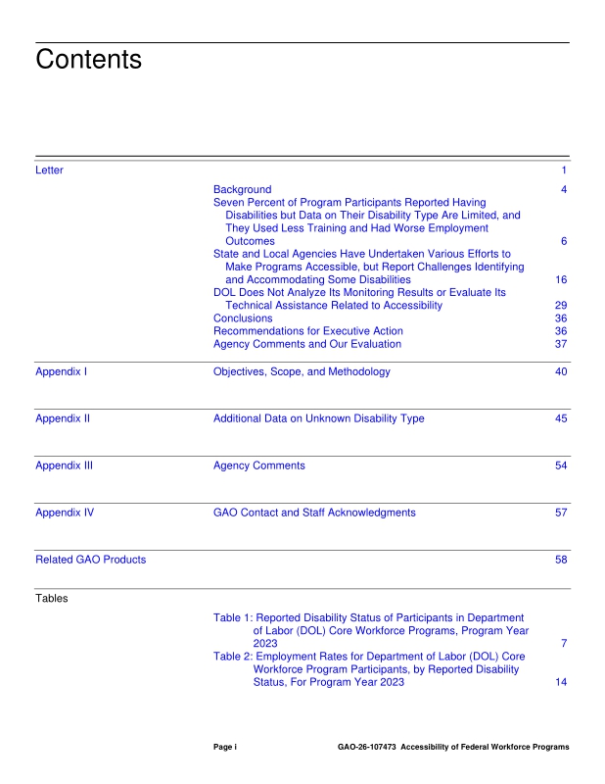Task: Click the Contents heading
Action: coord(88,60)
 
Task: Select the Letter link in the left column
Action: coord(49,171)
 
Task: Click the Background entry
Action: coord(243,189)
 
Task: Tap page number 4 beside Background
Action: coord(564,189)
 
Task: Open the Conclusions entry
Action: coord(244,318)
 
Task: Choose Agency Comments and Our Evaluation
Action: coord(307,344)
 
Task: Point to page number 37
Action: coord(561,344)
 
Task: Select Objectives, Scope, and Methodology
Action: coord(302,371)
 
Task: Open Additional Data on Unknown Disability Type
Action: coord(319,418)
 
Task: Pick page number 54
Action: coord(561,465)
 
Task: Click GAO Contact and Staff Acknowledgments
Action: coord(314,513)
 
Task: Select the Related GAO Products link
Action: coord(90,560)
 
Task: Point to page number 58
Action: coord(561,560)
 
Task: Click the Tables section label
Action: coord(52,598)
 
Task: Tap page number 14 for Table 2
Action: coord(561,682)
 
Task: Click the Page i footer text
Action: coord(225,747)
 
